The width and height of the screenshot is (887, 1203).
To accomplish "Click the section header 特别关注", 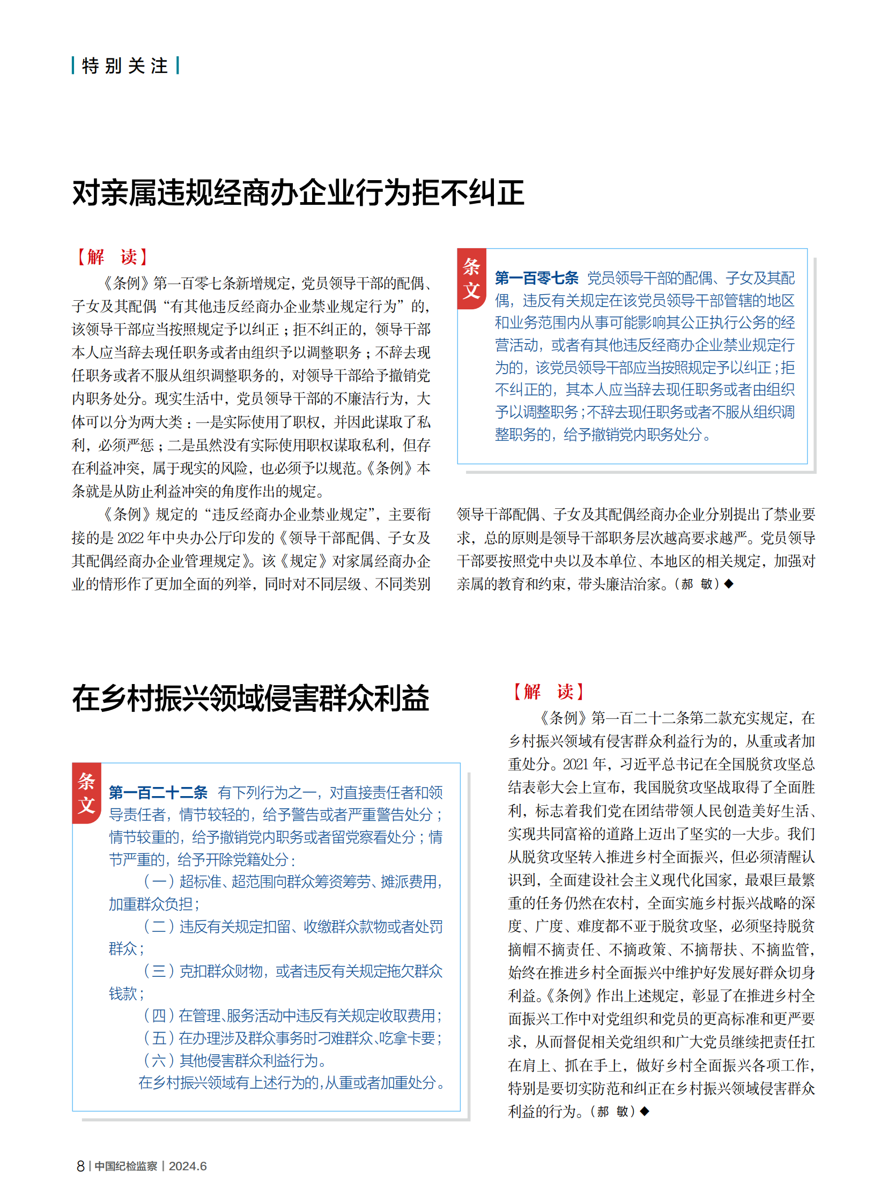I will click(x=124, y=66).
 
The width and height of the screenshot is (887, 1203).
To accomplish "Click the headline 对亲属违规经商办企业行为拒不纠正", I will click(x=298, y=192).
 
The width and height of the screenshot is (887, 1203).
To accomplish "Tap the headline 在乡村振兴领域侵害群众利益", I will click(x=250, y=699).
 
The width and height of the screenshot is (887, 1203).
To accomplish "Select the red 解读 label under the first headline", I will click(x=112, y=257).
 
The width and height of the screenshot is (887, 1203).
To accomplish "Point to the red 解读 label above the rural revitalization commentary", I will click(x=548, y=692).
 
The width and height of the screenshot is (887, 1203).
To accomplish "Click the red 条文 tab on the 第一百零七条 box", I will click(x=471, y=279).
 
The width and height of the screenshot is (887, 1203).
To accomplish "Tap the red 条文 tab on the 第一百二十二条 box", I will click(x=86, y=793).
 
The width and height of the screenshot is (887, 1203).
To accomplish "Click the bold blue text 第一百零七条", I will click(x=536, y=278).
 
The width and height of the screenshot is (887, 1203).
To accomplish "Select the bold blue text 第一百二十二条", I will click(x=158, y=792).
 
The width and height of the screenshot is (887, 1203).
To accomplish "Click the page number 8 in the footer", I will click(x=80, y=1166).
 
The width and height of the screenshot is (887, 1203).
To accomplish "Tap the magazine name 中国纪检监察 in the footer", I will click(x=126, y=1166).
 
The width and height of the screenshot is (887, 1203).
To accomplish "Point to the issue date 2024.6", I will click(x=187, y=1166).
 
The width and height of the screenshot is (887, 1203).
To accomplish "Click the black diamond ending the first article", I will click(x=729, y=583).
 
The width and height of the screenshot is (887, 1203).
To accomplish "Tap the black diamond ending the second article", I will click(x=644, y=1111).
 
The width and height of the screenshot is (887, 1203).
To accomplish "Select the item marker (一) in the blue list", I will click(x=159, y=881).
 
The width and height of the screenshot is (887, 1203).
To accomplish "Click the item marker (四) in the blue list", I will click(x=159, y=1016).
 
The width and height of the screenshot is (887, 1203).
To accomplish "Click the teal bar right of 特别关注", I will click(x=178, y=65).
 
